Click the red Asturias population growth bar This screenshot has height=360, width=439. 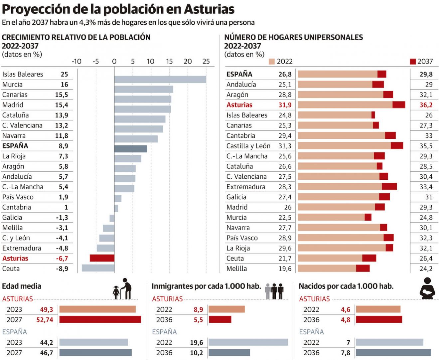click(x=102, y=258)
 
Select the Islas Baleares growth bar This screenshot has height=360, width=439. click(x=160, y=79)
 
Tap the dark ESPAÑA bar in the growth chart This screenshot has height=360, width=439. click(x=131, y=149)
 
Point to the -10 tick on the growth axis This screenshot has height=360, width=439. click(x=76, y=62)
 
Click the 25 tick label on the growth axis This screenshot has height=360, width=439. click(x=206, y=62)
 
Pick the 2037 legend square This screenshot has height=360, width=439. click(x=413, y=62)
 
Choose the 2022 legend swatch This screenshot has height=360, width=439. click(x=272, y=62)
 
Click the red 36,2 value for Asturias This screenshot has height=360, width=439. click(x=426, y=105)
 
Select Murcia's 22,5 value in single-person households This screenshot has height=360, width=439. click(x=285, y=217)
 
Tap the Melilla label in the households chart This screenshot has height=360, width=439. click(x=236, y=269)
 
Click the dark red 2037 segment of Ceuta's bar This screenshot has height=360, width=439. click(x=369, y=258)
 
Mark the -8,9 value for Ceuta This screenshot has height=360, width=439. click(x=62, y=269)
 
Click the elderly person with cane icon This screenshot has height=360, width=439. click(x=126, y=289)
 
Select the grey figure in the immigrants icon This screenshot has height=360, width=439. click(x=268, y=291)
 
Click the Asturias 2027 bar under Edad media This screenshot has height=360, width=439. click(x=100, y=319)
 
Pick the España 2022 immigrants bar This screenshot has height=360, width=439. click(x=248, y=342)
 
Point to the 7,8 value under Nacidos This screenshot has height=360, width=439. click(x=346, y=353)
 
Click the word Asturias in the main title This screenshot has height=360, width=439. click(x=209, y=9)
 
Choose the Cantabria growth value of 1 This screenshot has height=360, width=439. click(x=66, y=207)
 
